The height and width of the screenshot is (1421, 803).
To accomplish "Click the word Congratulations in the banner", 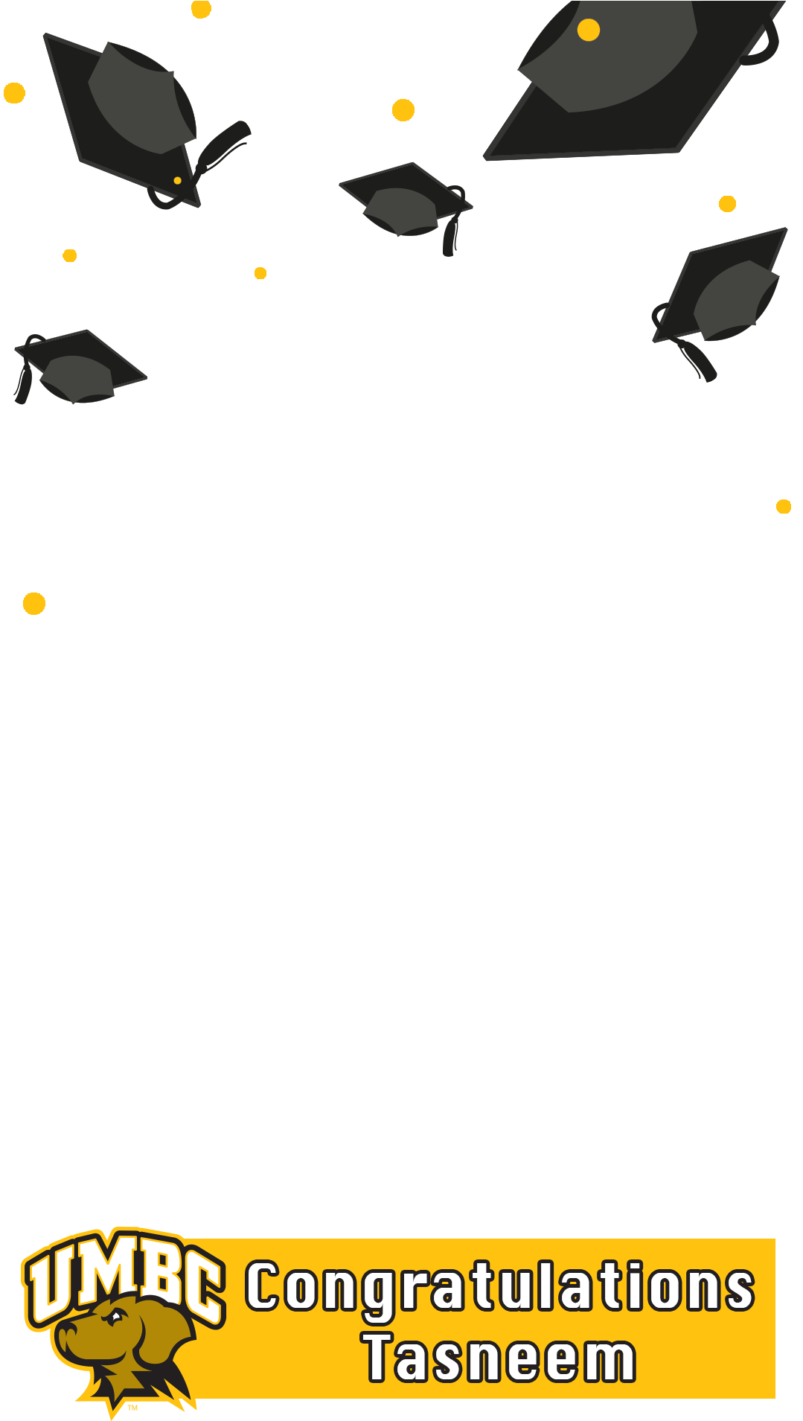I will click(x=500, y=1286).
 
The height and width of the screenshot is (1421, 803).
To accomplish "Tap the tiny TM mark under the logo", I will click(x=132, y=1408).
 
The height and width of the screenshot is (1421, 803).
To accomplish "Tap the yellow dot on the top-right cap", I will click(x=588, y=30).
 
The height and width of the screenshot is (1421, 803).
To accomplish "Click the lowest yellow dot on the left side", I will click(x=34, y=603).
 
